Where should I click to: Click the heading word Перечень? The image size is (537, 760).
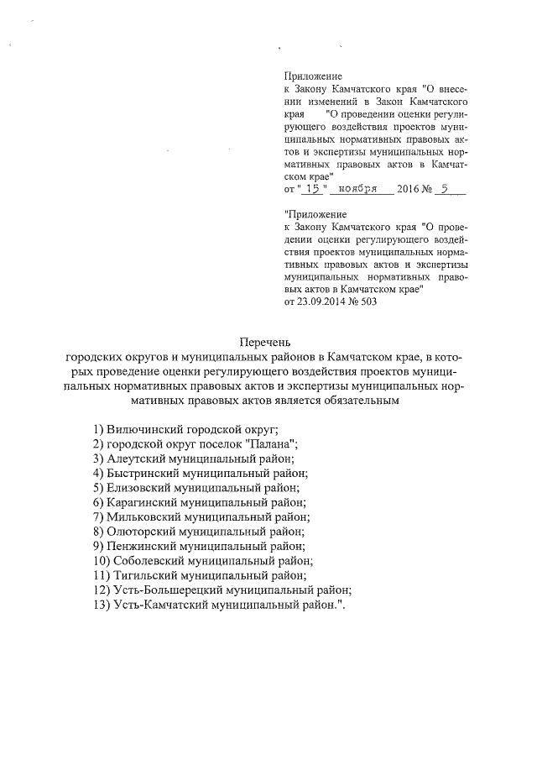point(264,342)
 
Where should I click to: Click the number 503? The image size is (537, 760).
point(367,301)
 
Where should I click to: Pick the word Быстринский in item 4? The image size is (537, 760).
point(140,473)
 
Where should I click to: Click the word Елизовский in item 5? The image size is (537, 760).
point(137,488)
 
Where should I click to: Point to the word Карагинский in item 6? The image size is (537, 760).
point(141,503)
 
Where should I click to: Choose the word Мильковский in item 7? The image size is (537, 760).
point(143,517)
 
